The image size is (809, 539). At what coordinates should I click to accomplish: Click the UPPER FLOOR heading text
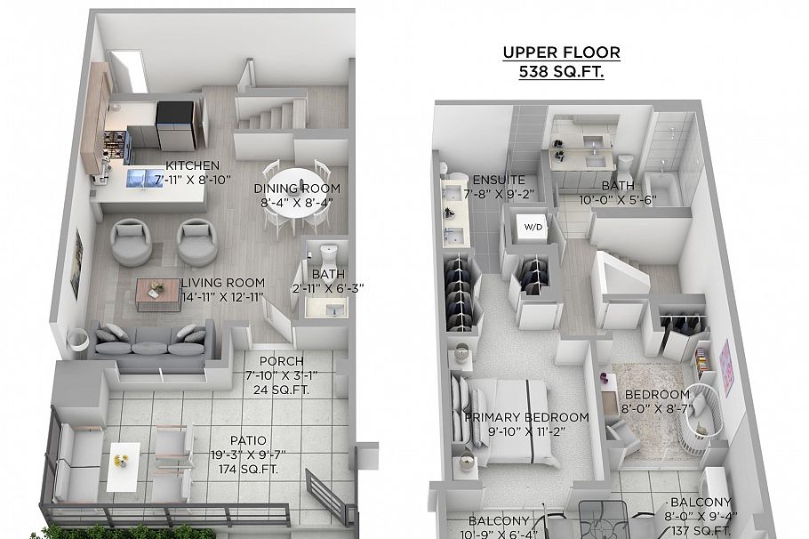561,52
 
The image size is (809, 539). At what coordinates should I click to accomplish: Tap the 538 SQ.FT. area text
561,73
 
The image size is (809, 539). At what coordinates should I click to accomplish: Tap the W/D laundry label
533,228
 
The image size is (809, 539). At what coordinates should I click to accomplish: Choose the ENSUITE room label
492,179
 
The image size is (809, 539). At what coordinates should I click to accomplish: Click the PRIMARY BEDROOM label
526,417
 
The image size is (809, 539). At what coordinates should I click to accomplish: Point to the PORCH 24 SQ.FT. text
281,388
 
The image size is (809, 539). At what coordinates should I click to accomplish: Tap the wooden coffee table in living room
158,290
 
